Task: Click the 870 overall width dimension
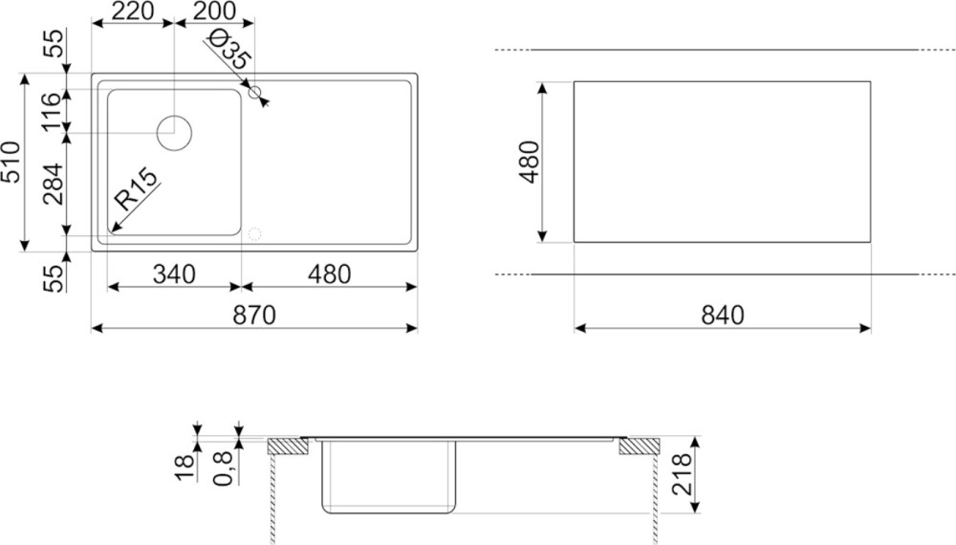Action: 254,316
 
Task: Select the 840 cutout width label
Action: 723,316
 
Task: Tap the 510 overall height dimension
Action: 11,163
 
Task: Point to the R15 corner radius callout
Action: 136,189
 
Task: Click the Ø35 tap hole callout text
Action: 228,49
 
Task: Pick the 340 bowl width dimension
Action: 174,274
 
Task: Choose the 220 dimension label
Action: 133,11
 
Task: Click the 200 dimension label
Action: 214,11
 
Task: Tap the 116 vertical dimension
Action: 53,111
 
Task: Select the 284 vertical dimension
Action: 53,185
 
